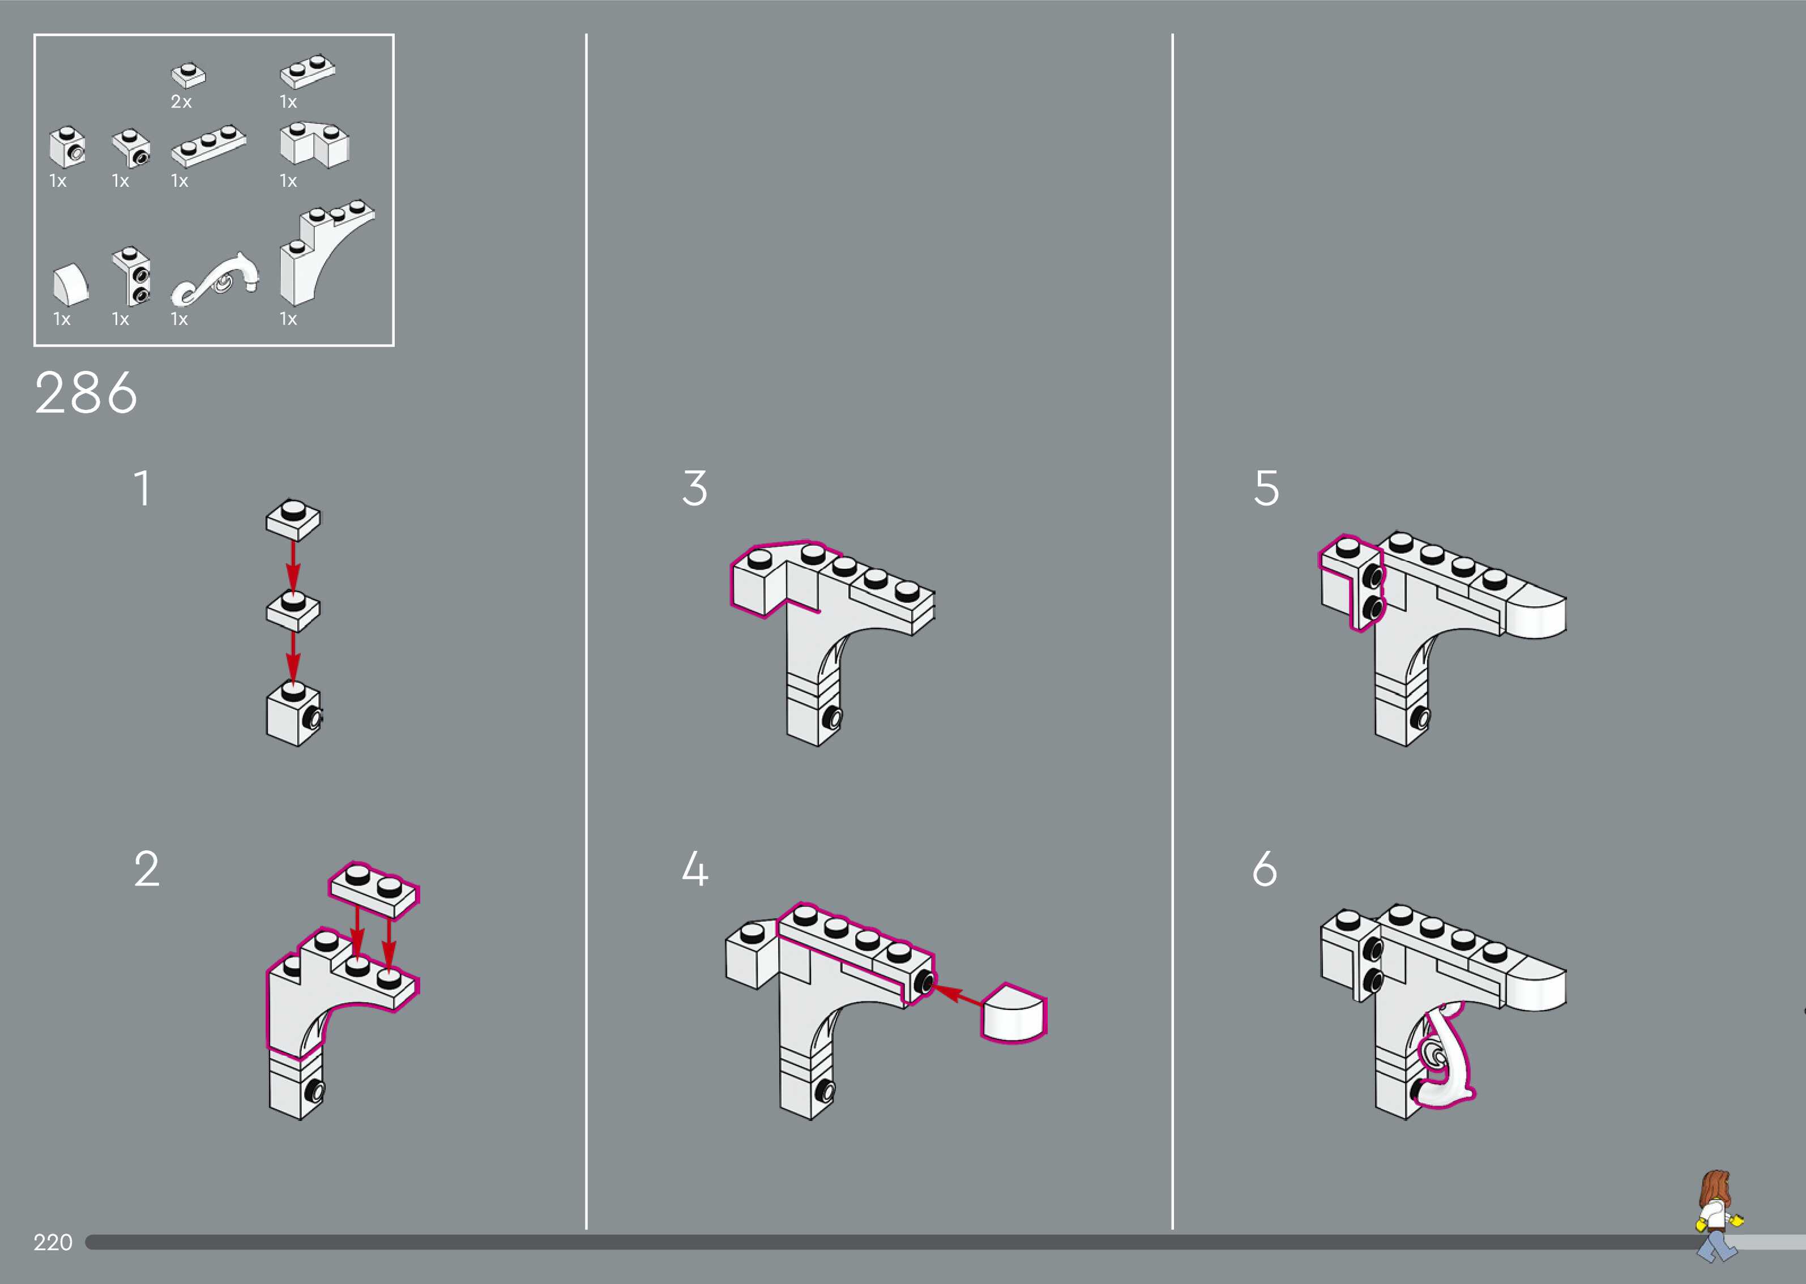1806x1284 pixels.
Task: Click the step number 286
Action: click(86, 393)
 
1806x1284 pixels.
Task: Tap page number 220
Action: click(52, 1242)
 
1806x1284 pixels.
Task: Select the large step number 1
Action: click(142, 488)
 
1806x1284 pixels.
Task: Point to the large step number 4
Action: click(694, 869)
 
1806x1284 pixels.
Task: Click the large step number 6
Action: click(1265, 869)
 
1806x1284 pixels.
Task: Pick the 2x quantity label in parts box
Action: click(181, 102)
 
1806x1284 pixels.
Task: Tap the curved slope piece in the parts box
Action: click(70, 285)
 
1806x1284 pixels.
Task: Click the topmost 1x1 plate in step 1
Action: click(293, 519)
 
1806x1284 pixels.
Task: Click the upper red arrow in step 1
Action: click(293, 566)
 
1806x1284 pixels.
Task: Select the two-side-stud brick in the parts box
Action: click(131, 277)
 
